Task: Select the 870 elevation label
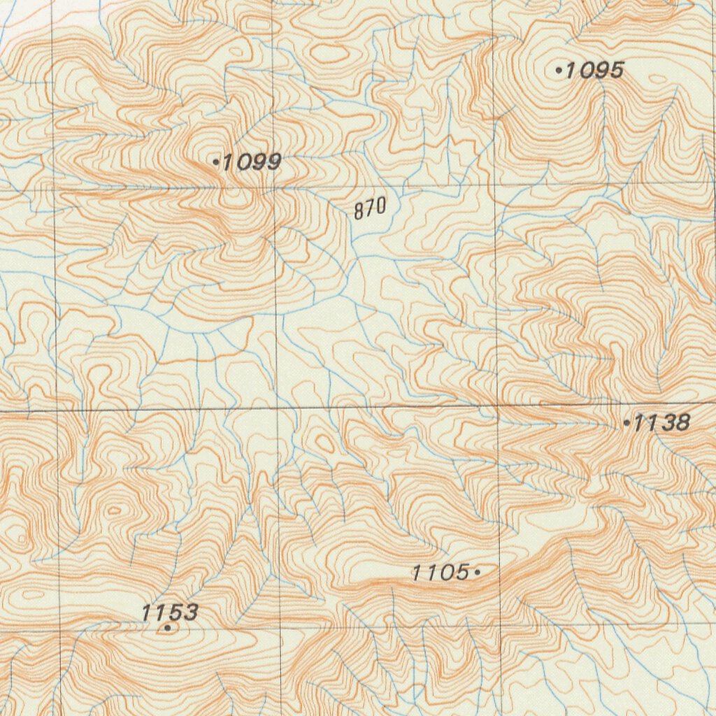pyautogui.click(x=370, y=208)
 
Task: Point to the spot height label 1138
pyautogui.click(x=661, y=422)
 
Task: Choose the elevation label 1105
pyautogui.click(x=440, y=573)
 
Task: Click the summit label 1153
pyautogui.click(x=169, y=613)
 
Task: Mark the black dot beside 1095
pyautogui.click(x=559, y=70)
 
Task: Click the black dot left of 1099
pyautogui.click(x=216, y=162)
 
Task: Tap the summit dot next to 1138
pyautogui.click(x=626, y=423)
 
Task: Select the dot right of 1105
pyautogui.click(x=477, y=573)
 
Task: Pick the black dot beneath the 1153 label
pyautogui.click(x=168, y=628)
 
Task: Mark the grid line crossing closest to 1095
pyautogui.click(x=494, y=184)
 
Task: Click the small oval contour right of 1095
pyautogui.click(x=657, y=79)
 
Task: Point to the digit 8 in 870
pyautogui.click(x=358, y=209)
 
